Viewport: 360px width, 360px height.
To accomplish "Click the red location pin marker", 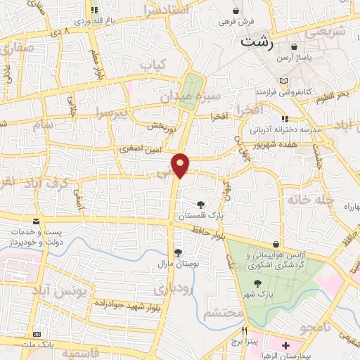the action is point(181,165).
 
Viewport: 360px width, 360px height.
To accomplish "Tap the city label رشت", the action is point(256,41).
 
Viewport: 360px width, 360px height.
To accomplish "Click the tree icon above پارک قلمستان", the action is point(202,204).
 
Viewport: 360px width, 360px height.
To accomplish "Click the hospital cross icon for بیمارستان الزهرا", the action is point(285,346).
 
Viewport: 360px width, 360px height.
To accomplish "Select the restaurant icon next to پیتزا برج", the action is point(245,330).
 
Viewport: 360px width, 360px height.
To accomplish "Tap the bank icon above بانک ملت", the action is point(37,333).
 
